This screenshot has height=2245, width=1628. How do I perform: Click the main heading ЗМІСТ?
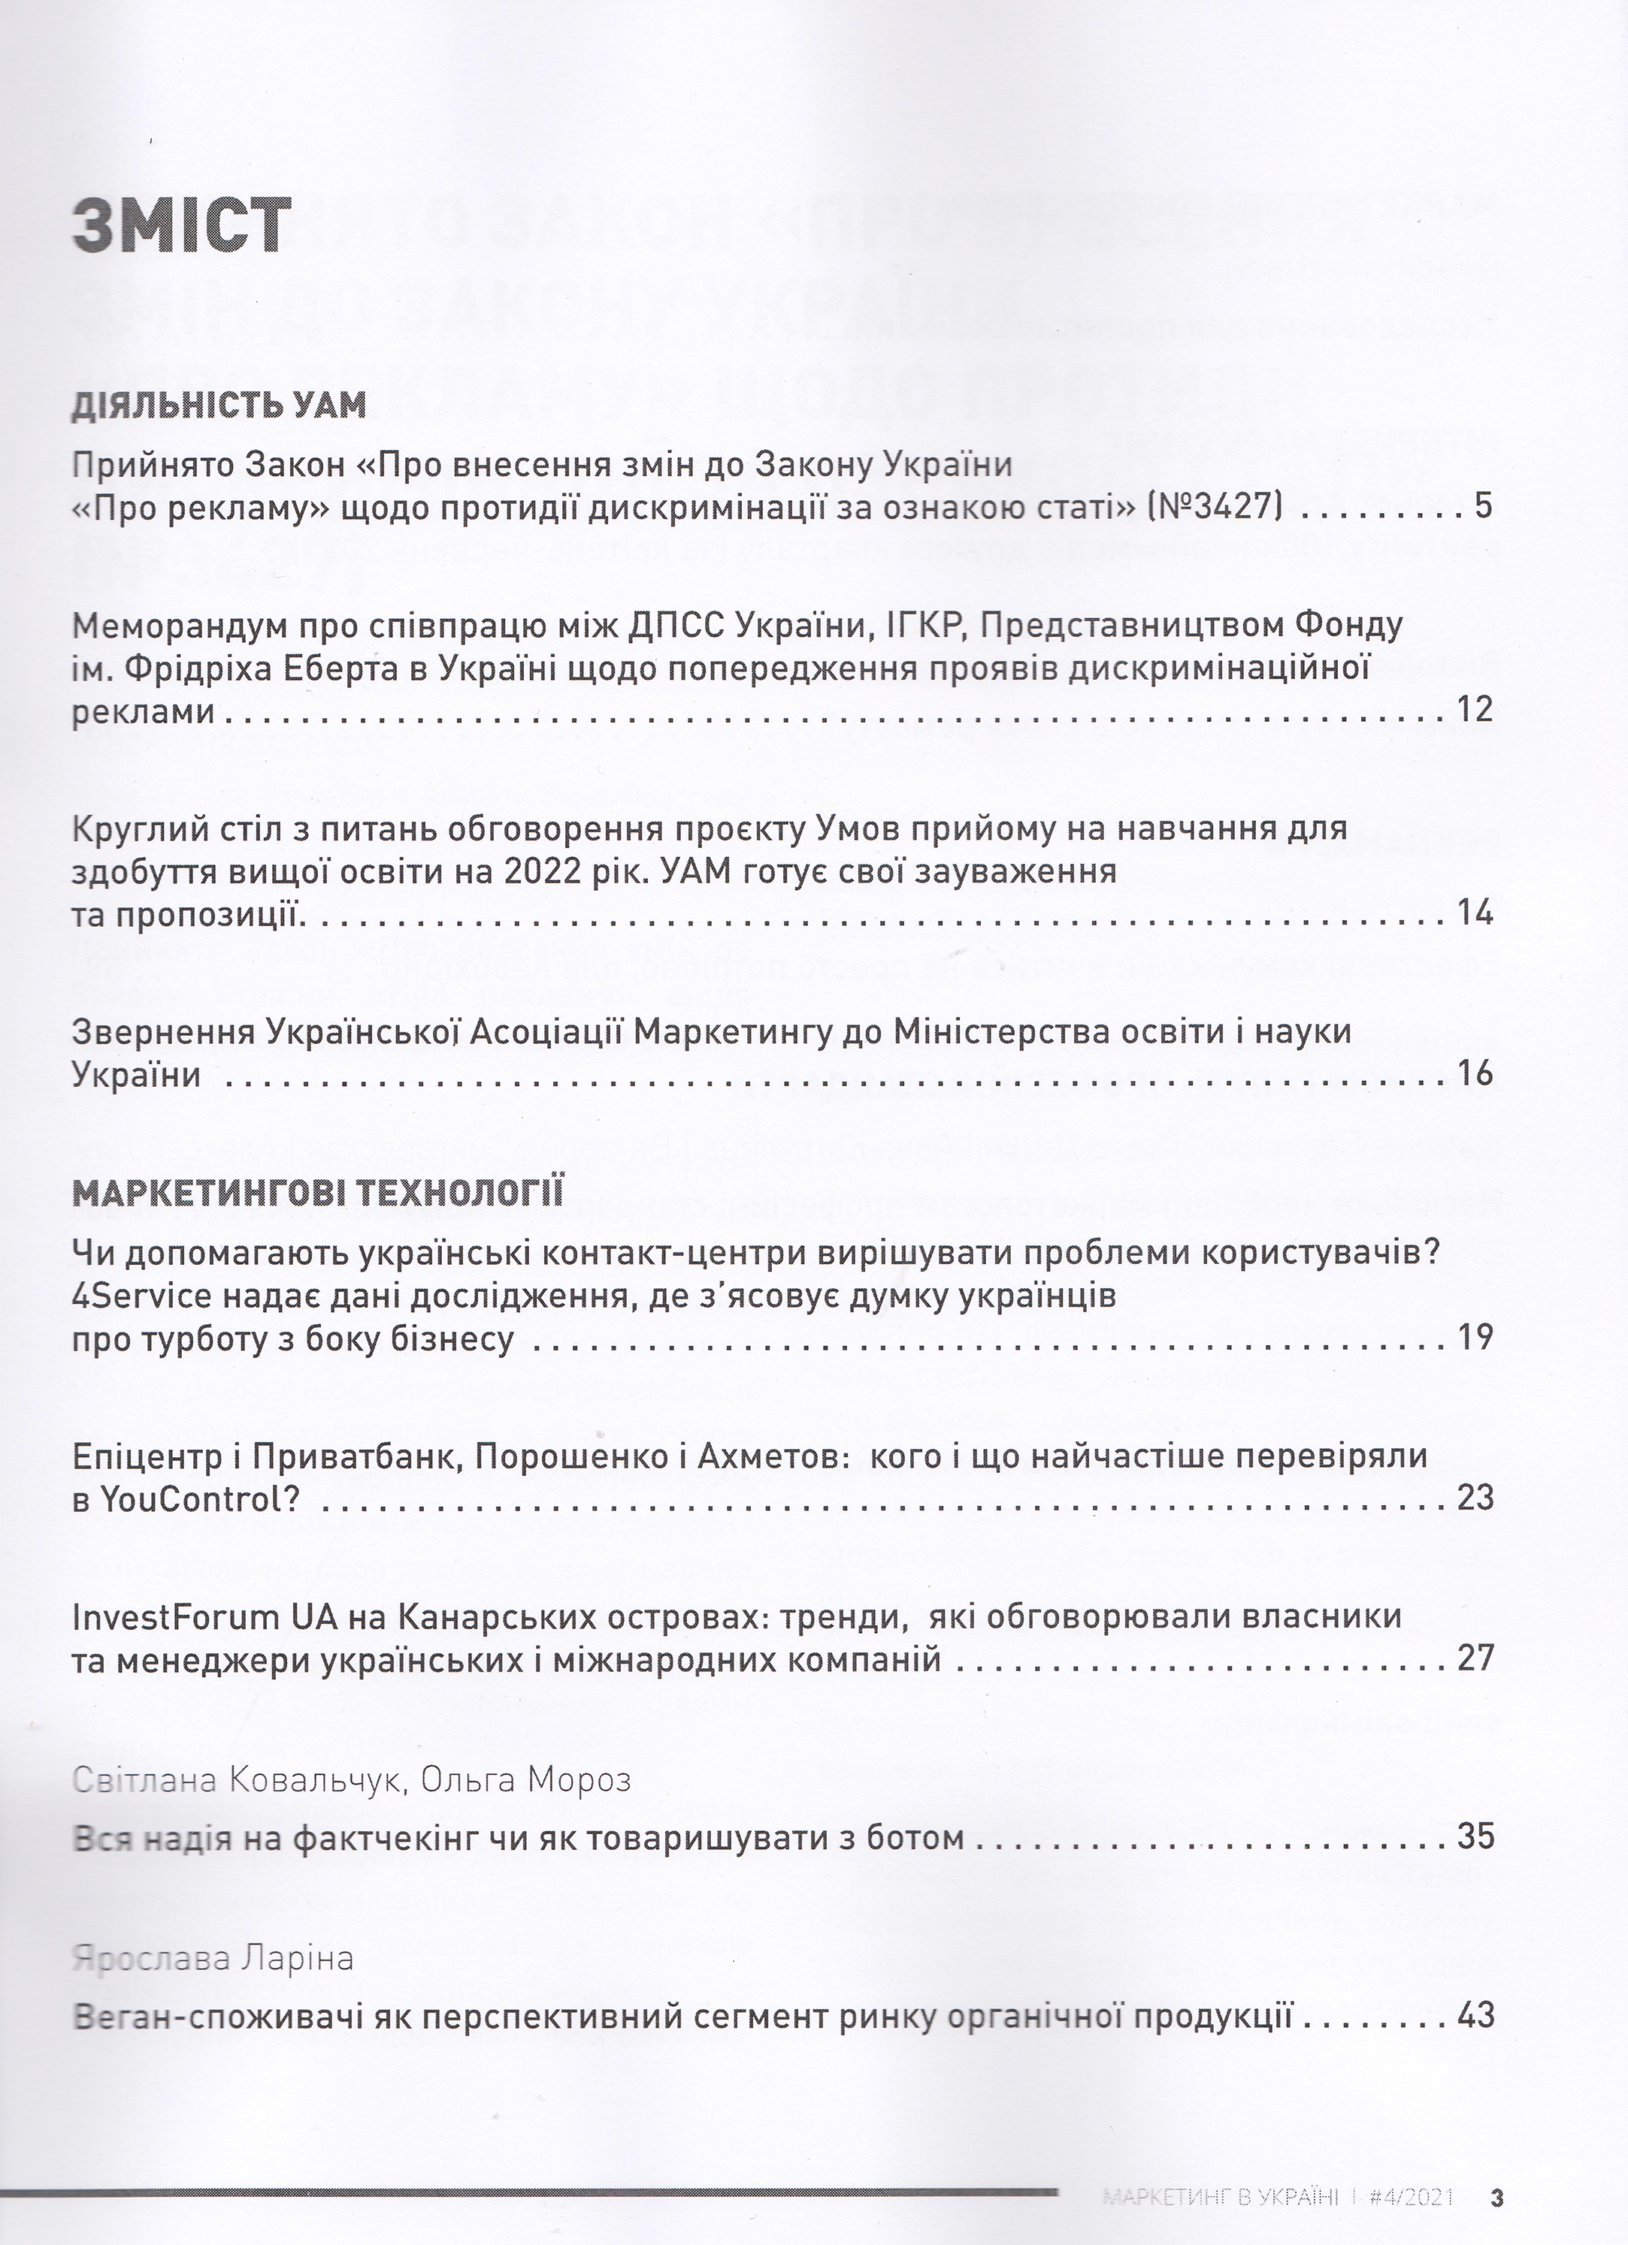tap(182, 228)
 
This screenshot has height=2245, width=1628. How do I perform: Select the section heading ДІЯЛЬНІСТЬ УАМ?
tap(219, 405)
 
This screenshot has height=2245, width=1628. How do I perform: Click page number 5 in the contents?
tap(1482, 508)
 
